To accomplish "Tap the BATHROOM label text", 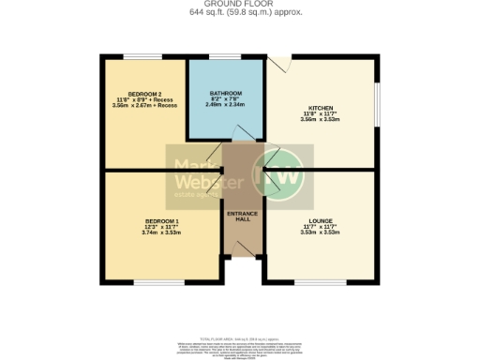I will [225, 94].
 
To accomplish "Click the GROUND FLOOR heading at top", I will [241, 4].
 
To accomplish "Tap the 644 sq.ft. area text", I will [210, 12].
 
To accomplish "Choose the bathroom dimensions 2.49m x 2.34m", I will [225, 105].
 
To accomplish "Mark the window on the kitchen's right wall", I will [379, 111].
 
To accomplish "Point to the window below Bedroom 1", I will [150, 281].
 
